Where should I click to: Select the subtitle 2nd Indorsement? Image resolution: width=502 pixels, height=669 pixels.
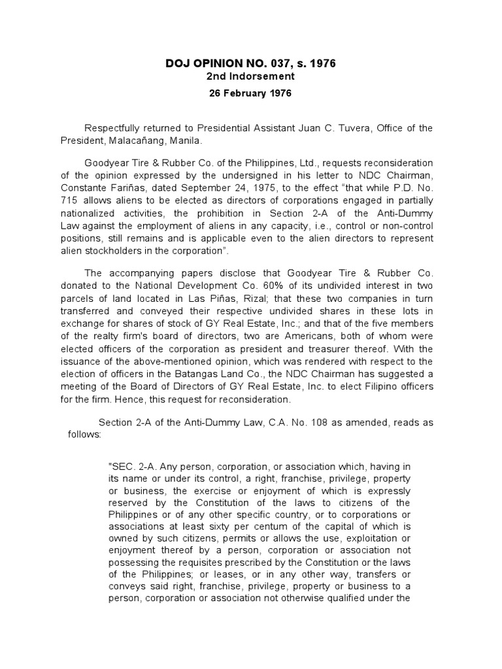tap(252, 76)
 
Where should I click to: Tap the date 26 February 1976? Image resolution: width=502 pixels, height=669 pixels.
tap(252, 93)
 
